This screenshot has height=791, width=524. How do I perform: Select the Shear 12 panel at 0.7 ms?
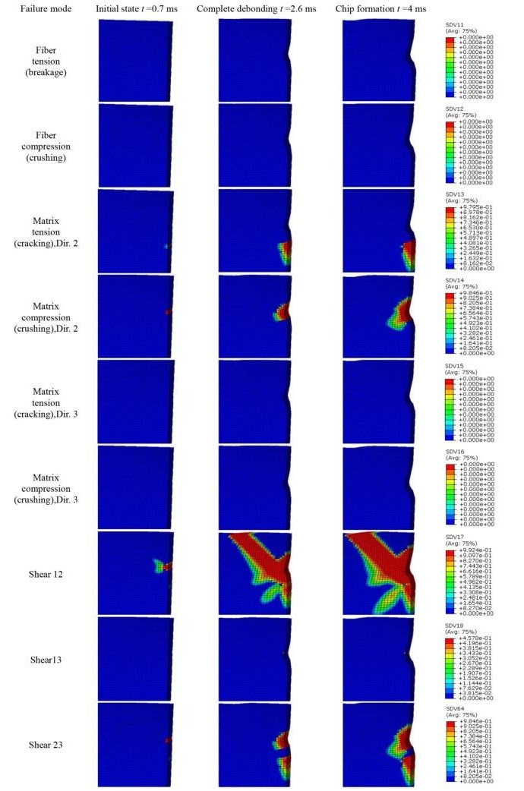[x=136, y=574]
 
